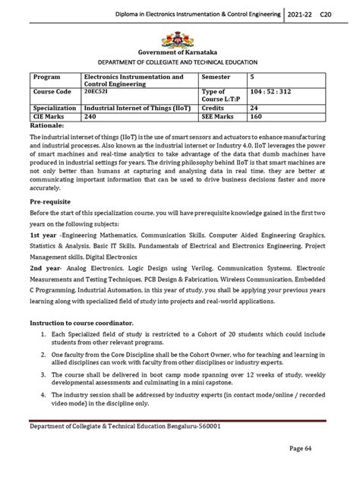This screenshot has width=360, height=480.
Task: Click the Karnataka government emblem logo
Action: point(180,36)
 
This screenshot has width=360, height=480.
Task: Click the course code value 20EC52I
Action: point(96,92)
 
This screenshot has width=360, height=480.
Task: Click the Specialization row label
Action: point(52,109)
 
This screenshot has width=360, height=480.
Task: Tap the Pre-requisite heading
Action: point(52,203)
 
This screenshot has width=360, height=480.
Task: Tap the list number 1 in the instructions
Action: point(39,355)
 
